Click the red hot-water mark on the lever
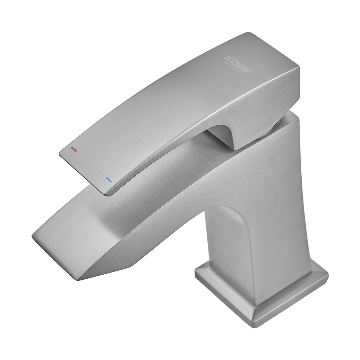[74, 149]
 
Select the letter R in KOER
[247, 70]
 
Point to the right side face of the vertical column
[288, 216]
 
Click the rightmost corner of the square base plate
[328, 277]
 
